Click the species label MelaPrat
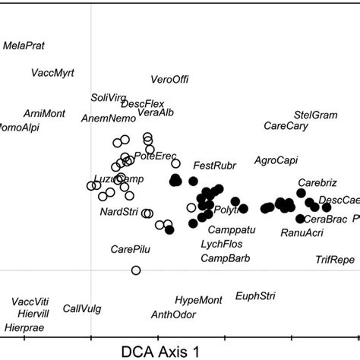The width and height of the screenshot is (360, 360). (x=24, y=46)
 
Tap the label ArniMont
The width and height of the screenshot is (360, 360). (x=44, y=113)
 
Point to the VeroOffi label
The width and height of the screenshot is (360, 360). (x=169, y=80)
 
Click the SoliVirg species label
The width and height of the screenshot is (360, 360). (x=106, y=97)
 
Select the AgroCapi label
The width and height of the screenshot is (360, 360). (x=276, y=160)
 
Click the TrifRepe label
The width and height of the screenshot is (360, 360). (x=335, y=260)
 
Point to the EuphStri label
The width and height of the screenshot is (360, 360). (x=256, y=295)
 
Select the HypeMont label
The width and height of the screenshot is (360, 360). (x=197, y=300)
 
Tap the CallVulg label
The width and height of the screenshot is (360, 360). (x=82, y=308)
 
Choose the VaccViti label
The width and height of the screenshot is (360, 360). (x=30, y=300)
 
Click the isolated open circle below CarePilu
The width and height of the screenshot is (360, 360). (x=136, y=270)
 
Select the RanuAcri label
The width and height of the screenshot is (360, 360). (x=302, y=232)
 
